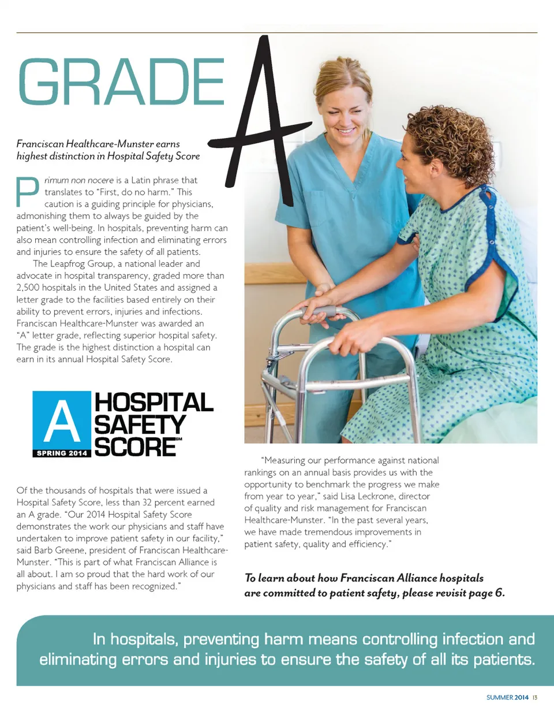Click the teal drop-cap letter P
tap(27, 192)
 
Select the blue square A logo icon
tap(62, 420)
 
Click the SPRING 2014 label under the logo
tap(62, 453)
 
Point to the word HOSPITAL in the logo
tap(154, 403)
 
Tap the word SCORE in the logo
tap(135, 447)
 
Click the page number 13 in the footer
tap(535, 698)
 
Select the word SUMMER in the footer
tap(499, 698)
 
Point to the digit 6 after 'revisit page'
tap(500, 593)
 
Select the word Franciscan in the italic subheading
tap(40, 144)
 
